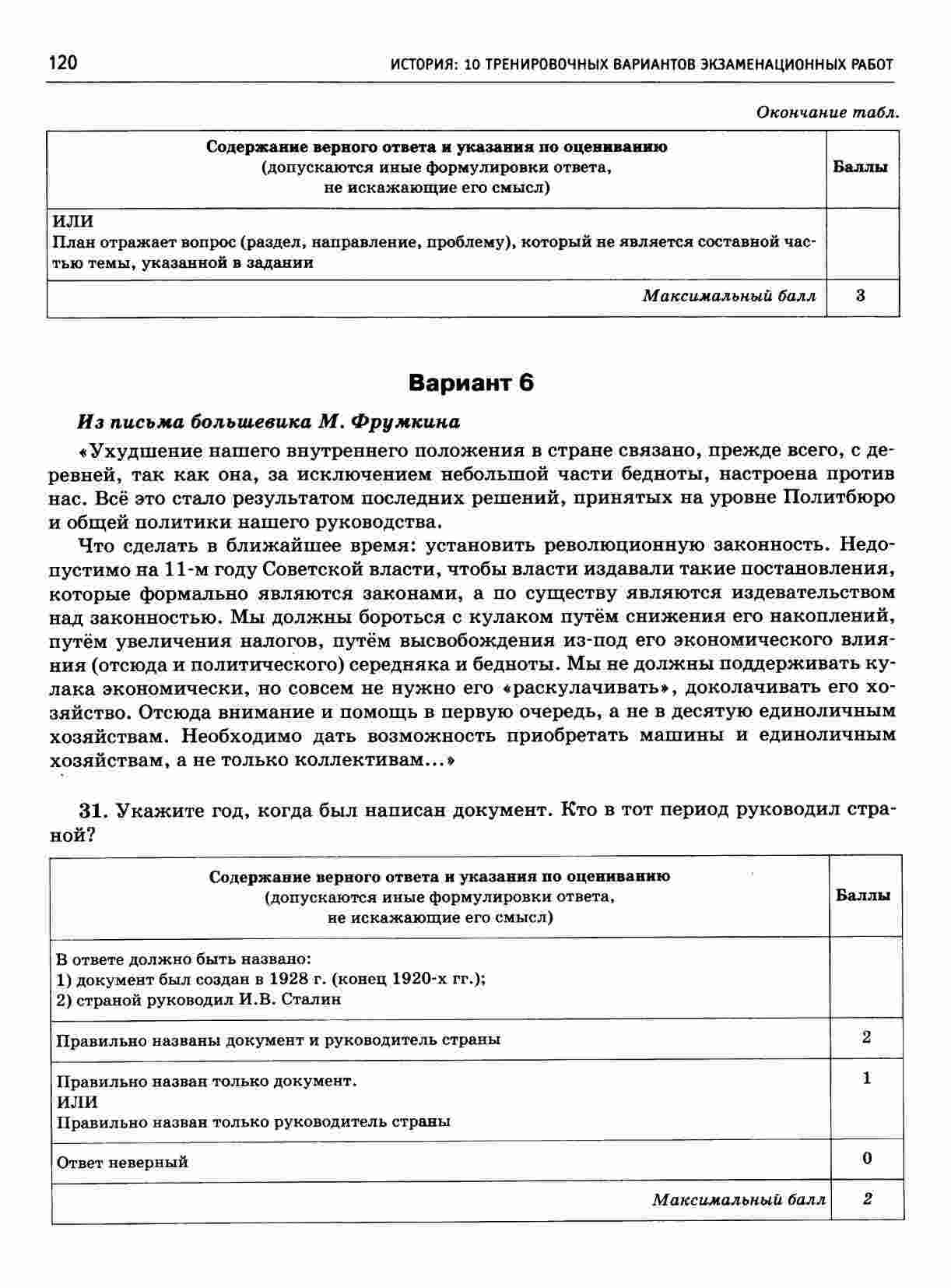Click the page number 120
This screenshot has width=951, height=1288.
pos(62,62)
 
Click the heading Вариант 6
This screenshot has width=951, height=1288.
pos(471,383)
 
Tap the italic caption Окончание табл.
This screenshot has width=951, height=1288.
pos(828,112)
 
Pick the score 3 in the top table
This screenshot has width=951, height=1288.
pos(860,296)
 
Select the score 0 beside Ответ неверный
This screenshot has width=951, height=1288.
pos(867,1158)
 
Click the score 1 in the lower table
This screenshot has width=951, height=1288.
pos(867,1079)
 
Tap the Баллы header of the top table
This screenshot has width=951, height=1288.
pos(860,167)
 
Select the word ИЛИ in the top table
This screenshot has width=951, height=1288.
pos(71,221)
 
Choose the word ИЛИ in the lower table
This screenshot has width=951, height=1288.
pos(77,1102)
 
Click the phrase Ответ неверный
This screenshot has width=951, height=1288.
pos(122,1163)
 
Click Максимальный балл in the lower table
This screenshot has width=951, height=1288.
pos(739,1199)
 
